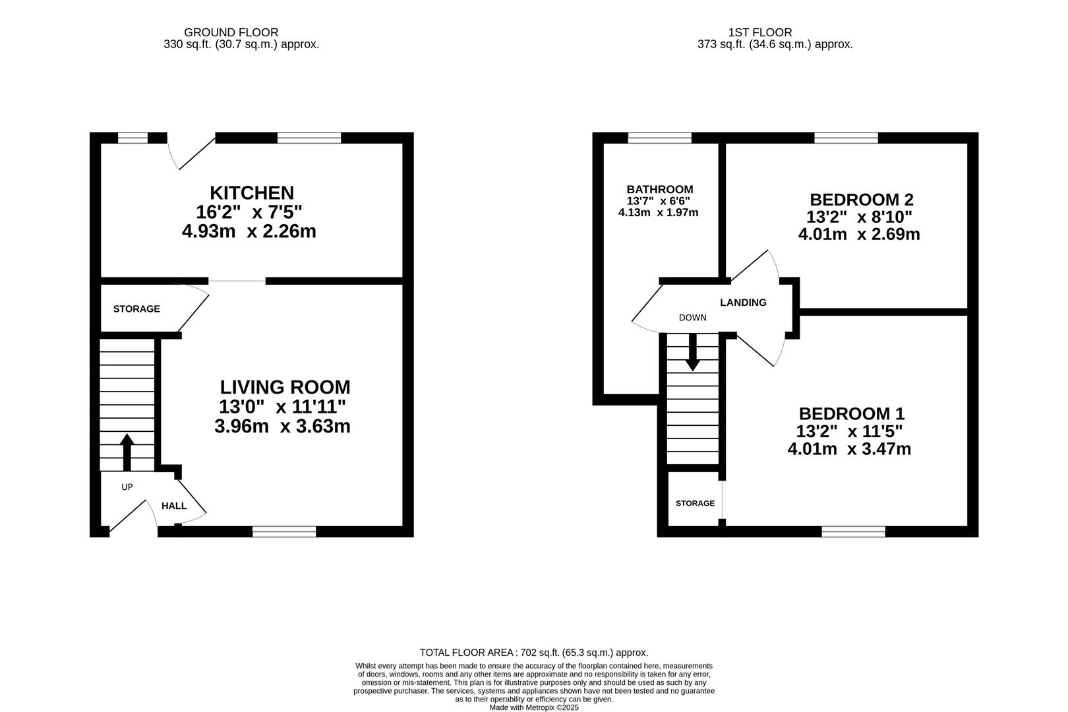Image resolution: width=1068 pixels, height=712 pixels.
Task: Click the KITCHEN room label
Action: [252, 193]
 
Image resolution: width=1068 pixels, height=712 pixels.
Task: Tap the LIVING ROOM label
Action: [285, 387]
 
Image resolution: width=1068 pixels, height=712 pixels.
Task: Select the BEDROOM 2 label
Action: [862, 199]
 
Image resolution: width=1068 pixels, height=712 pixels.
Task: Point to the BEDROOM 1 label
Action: [852, 413]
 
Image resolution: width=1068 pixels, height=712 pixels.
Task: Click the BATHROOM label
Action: [660, 189]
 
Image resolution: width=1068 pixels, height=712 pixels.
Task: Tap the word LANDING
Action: [743, 303]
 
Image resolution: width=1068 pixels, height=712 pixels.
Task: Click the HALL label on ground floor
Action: [174, 506]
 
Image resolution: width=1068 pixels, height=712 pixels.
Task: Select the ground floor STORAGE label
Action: [136, 309]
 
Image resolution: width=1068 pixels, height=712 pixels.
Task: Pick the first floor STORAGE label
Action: [695, 503]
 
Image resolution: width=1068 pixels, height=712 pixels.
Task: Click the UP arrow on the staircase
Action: [127, 452]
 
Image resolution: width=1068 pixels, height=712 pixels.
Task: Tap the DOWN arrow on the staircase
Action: [693, 352]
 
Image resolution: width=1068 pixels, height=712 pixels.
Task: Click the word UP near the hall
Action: [127, 487]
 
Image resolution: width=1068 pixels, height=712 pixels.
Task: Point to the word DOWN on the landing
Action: [693, 318]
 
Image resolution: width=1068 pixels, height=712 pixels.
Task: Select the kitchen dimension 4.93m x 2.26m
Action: [249, 231]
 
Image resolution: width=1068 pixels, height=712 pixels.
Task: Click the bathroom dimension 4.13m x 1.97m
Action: [659, 213]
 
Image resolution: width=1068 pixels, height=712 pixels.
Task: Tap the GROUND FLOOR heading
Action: [231, 32]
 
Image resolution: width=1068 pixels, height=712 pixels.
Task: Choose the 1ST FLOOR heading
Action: [760, 32]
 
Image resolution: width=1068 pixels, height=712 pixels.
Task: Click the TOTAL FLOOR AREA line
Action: [534, 653]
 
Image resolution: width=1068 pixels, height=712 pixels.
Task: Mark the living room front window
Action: [284, 532]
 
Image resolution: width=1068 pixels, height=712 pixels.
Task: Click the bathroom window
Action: [660, 138]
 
